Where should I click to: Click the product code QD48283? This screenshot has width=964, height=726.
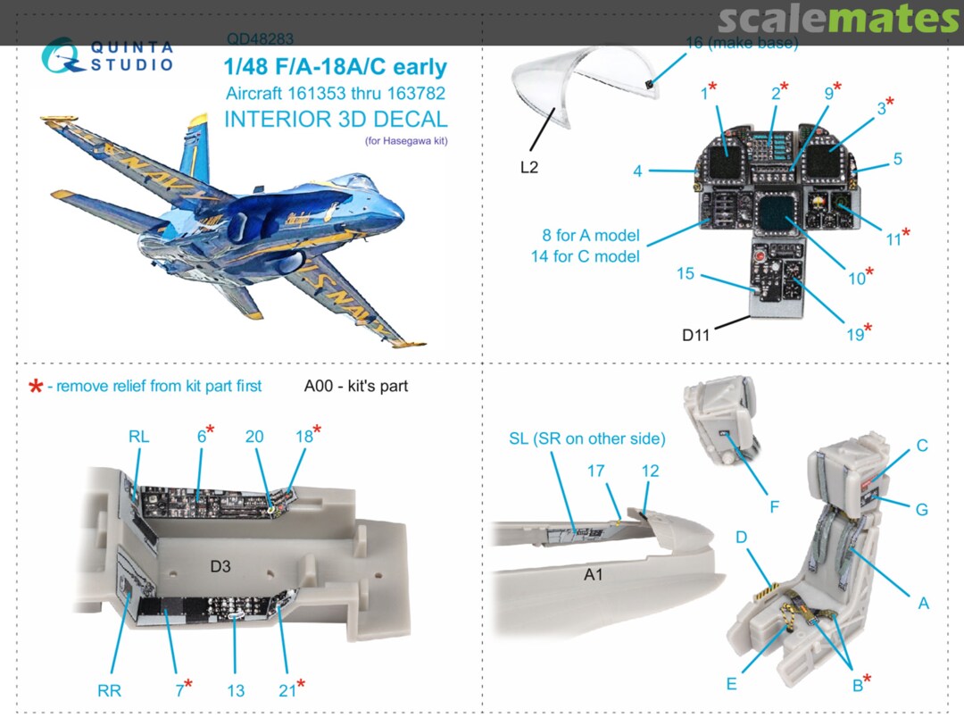click(260, 39)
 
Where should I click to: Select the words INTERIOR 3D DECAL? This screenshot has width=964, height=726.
click(336, 119)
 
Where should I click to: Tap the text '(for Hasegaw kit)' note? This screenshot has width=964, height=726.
click(406, 140)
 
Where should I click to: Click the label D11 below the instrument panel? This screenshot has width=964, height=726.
click(698, 335)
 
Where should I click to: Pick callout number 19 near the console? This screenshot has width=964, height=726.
click(855, 334)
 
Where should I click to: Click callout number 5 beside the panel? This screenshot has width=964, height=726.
click(896, 159)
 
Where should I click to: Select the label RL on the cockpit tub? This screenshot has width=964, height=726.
click(138, 437)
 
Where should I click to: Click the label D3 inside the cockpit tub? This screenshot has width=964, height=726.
click(220, 567)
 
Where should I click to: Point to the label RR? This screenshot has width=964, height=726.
click(109, 689)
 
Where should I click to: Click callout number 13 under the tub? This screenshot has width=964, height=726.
click(235, 689)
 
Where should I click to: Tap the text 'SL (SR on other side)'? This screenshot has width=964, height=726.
click(586, 438)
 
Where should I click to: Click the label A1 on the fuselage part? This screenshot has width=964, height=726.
click(594, 575)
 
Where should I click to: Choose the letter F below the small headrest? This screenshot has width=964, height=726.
click(774, 506)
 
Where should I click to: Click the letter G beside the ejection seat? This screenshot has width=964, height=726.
click(921, 509)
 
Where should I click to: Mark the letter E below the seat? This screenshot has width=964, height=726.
click(731, 684)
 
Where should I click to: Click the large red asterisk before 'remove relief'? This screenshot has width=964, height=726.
click(36, 387)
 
